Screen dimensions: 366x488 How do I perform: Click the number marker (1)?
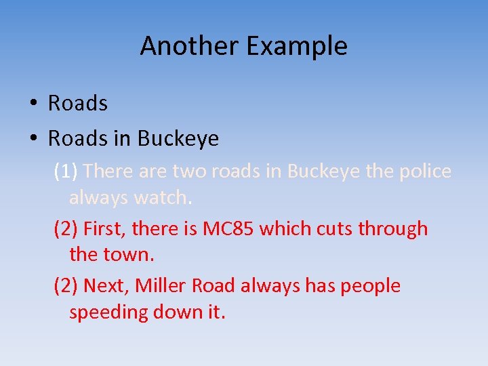[x=66, y=171]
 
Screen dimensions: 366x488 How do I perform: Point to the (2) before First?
[x=66, y=229]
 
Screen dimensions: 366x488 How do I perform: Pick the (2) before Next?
[x=66, y=286]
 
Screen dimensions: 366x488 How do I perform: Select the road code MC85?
[x=228, y=229]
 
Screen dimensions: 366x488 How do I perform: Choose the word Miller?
[x=161, y=286]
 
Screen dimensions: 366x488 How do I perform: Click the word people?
[x=370, y=286]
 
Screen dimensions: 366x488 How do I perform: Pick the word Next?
[x=106, y=286]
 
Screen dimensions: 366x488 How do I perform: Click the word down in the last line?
[x=178, y=312]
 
